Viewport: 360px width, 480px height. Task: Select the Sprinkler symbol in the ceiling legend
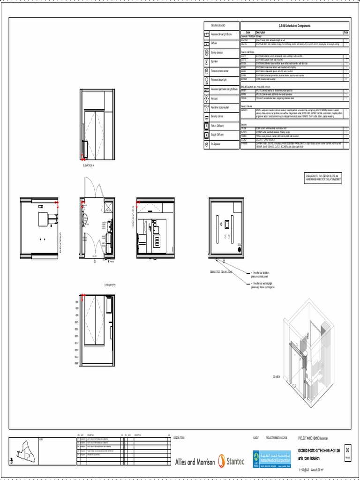click(x=206, y=61)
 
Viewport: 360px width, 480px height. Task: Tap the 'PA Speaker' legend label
click(x=217, y=144)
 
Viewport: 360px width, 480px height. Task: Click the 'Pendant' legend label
click(x=215, y=98)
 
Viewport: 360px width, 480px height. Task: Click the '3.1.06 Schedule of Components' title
click(x=294, y=26)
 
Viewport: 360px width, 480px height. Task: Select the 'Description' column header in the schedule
click(x=261, y=32)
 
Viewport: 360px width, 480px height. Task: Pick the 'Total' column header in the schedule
click(x=346, y=32)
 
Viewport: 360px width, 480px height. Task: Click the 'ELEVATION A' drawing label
click(x=88, y=165)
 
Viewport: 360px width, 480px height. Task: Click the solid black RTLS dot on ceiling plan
click(x=240, y=249)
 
